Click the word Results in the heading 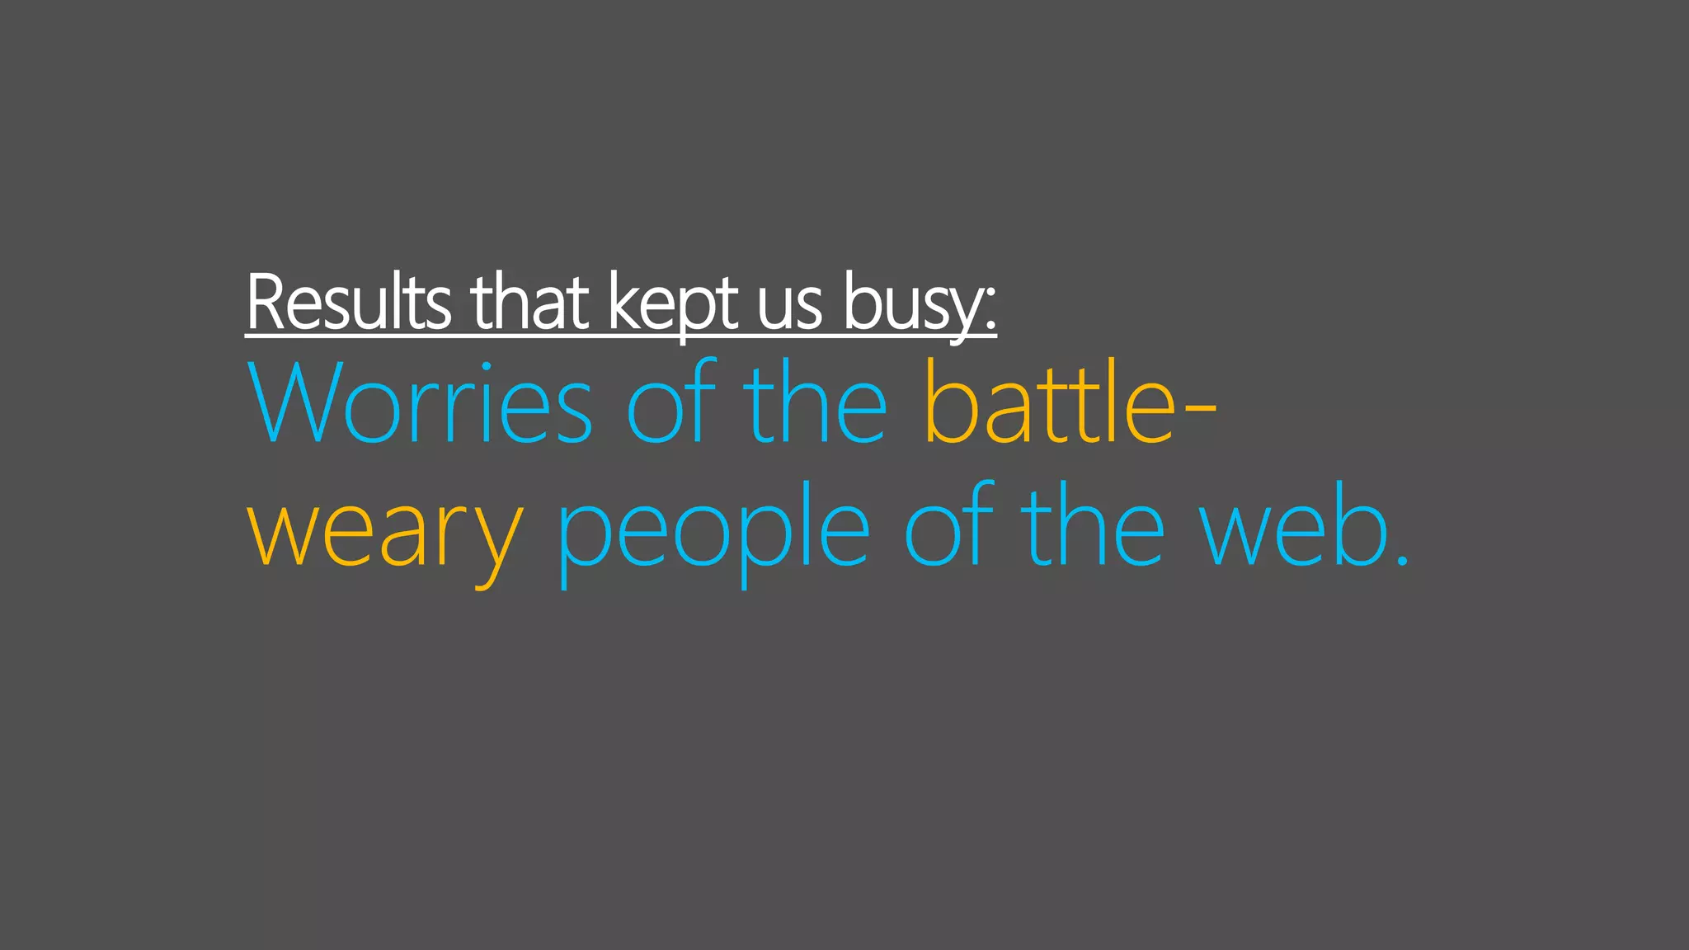[x=349, y=302]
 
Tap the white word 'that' [x=529, y=302]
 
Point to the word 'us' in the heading [x=790, y=307]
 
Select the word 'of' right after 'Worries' [x=670, y=402]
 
